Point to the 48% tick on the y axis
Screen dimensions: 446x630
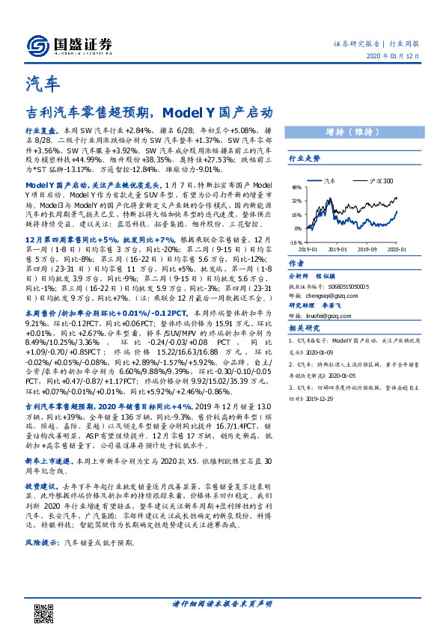pyautogui.click(x=296, y=187)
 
